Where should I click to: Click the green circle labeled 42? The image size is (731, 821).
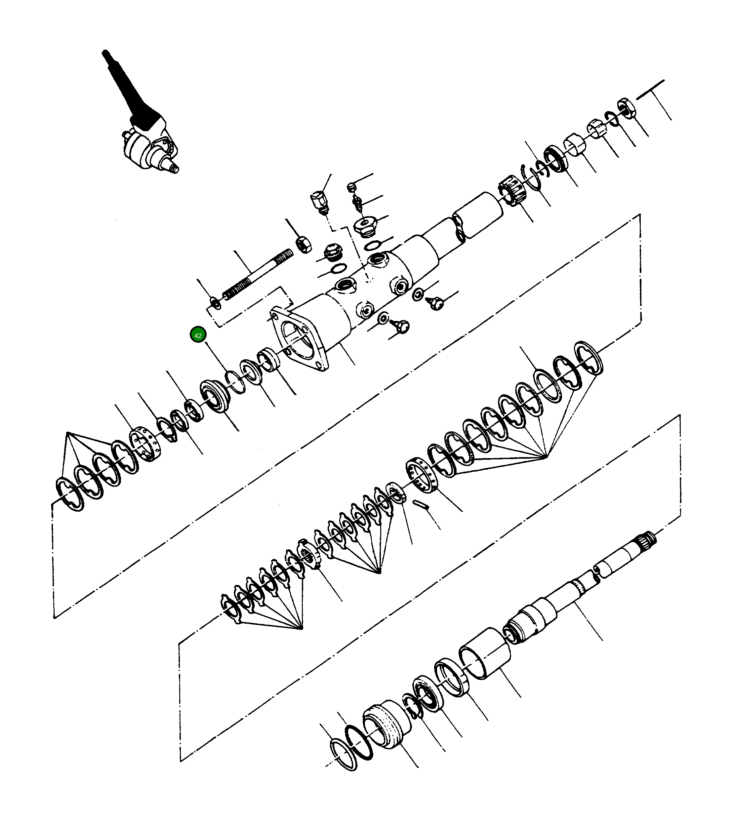(x=198, y=335)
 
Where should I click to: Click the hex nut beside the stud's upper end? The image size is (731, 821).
(x=304, y=244)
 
